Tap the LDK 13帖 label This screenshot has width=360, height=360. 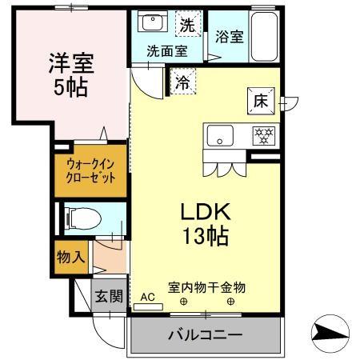[205, 225]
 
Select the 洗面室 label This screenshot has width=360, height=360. [166, 50]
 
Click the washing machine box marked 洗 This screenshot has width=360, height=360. [186, 25]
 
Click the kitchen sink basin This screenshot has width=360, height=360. [218, 136]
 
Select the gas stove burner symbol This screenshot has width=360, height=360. [261, 136]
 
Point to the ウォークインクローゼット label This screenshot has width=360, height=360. [90, 170]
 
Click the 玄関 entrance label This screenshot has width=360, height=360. [110, 297]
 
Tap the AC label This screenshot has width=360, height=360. [147, 296]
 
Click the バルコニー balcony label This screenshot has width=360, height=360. [205, 333]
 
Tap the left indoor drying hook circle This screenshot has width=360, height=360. [183, 302]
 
